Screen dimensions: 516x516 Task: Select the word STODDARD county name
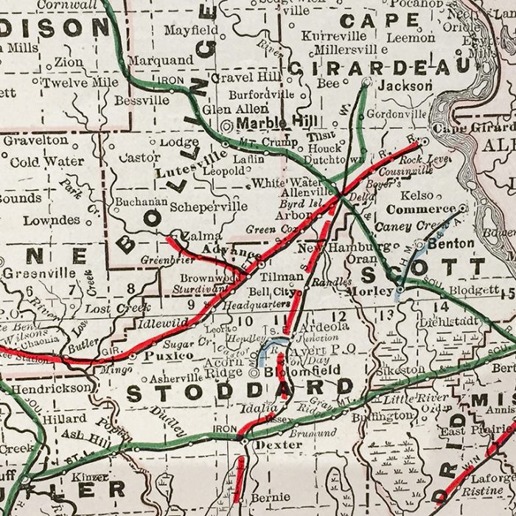tap(240, 391)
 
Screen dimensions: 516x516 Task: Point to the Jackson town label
tap(405, 86)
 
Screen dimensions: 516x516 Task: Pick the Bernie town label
tap(270, 498)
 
